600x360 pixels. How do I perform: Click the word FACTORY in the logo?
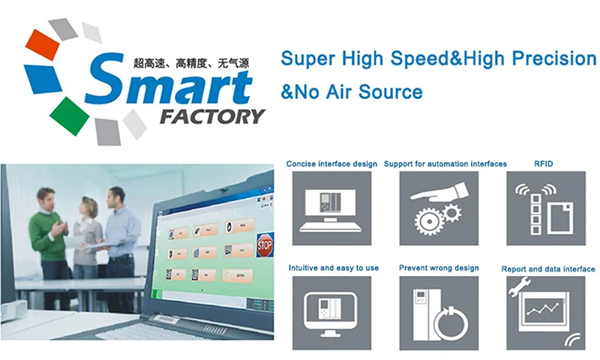212,116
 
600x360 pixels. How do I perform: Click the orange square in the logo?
43,45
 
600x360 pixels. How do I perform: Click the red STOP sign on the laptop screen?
265,244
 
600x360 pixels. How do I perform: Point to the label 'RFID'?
544,163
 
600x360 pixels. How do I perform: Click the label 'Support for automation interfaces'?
445,163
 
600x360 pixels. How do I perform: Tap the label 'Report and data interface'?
547,268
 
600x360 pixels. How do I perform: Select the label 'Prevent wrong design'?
438,268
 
